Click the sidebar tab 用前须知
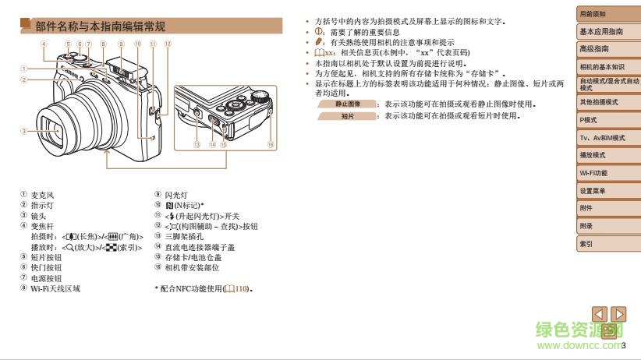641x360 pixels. (x=593, y=15)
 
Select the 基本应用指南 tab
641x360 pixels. (x=601, y=32)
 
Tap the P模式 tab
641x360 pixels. (x=589, y=120)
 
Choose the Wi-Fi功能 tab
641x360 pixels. (x=593, y=173)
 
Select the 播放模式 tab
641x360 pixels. (x=593, y=155)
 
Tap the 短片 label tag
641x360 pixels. (x=348, y=116)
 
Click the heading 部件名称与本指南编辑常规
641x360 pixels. (x=100, y=26)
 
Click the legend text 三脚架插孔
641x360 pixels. (x=185, y=236)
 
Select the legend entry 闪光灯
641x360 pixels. (x=176, y=195)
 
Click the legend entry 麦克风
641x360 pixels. (x=42, y=195)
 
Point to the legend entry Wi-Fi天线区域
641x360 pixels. (x=55, y=288)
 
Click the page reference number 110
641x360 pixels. (x=245, y=289)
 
